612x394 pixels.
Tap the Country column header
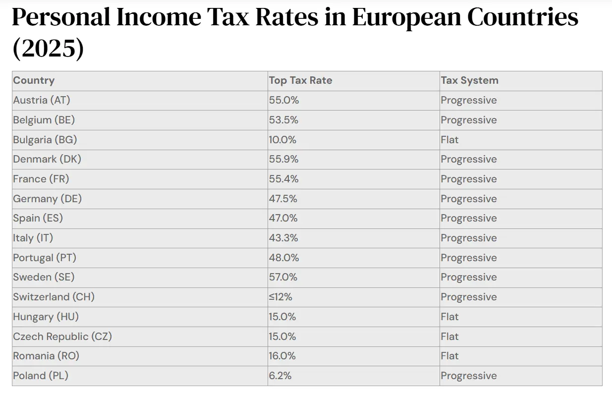(x=34, y=80)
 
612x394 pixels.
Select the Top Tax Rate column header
(x=300, y=80)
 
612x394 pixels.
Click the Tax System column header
(x=469, y=80)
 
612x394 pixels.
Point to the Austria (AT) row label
(x=42, y=100)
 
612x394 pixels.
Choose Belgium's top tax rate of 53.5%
(x=284, y=120)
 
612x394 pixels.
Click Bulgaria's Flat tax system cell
(x=449, y=140)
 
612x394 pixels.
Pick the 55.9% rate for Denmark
(x=284, y=159)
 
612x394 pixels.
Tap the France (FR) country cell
(x=41, y=179)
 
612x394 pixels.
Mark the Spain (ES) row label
(x=38, y=218)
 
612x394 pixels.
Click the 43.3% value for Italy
(x=283, y=238)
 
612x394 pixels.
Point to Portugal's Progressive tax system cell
(x=468, y=258)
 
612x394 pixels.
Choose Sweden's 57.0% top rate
(x=284, y=277)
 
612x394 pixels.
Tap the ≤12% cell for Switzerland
(x=280, y=297)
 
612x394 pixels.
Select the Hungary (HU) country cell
(x=46, y=317)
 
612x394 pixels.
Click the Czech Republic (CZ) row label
(x=62, y=337)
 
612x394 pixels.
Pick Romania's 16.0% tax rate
(x=282, y=356)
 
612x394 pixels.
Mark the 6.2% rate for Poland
(x=280, y=376)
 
